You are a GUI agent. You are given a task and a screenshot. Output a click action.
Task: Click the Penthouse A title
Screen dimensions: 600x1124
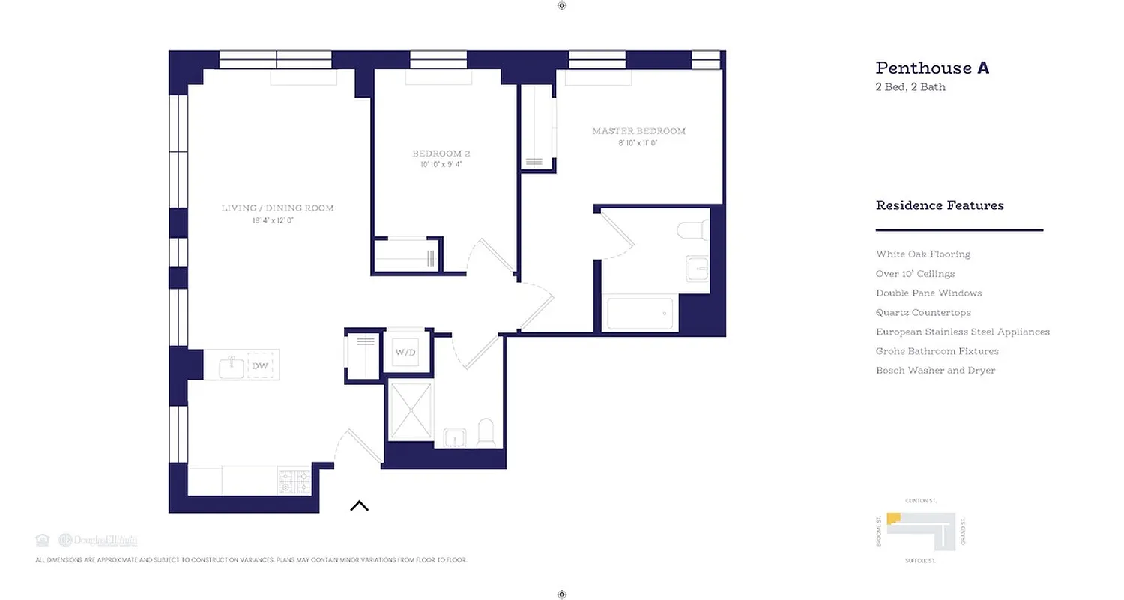932,68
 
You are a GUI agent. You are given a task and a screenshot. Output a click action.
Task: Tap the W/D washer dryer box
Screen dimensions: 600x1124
405,352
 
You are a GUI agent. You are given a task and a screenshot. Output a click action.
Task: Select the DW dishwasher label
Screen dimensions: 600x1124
259,366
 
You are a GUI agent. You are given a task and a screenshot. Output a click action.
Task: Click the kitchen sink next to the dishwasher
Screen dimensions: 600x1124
231,367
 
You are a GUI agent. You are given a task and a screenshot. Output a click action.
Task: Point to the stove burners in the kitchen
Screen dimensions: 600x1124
294,481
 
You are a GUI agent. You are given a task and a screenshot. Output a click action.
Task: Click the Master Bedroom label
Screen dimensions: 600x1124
638,131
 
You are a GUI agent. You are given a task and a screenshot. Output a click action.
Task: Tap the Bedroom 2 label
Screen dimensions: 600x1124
441,154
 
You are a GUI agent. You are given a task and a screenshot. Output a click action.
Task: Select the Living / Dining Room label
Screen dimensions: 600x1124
277,208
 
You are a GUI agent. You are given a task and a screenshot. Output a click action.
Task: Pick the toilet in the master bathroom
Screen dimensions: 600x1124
692,228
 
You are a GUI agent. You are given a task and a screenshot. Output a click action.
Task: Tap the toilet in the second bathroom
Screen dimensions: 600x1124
486,433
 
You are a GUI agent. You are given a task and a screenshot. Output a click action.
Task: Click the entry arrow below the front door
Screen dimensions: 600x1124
359,506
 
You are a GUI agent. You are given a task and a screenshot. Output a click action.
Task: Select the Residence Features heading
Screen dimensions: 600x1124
940,205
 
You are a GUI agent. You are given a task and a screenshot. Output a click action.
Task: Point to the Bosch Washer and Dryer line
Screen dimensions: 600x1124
935,370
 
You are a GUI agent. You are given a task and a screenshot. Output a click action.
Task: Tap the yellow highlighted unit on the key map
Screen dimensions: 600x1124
893,519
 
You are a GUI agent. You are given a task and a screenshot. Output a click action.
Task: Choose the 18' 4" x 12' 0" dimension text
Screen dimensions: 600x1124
277,221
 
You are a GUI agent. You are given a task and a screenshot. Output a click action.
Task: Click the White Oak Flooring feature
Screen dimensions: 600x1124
922,254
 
